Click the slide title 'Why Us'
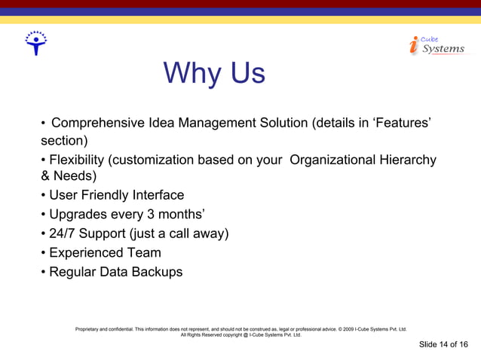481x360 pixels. (214, 74)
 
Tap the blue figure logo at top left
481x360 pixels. (35, 44)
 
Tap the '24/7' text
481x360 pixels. (65, 233)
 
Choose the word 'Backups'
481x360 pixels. (155, 271)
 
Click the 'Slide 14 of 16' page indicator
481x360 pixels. (443, 344)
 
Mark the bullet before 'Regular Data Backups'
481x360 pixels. (44, 272)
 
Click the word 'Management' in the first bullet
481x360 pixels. (216, 123)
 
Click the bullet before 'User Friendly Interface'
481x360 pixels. (44, 196)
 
